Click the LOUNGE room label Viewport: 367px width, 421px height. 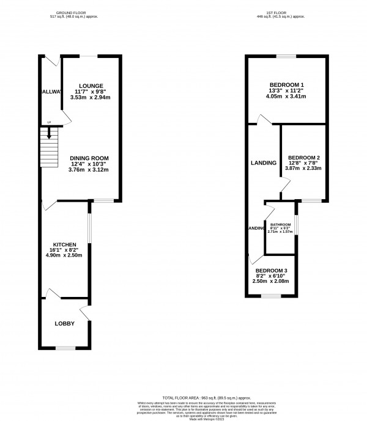91,85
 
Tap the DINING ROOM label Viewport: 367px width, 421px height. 89,155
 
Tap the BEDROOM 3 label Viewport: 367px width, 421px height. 271,271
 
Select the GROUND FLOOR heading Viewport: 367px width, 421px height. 69,12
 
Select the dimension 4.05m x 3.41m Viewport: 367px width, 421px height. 286,97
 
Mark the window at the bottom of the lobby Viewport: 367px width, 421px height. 64,348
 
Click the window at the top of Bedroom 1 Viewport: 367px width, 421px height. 286,56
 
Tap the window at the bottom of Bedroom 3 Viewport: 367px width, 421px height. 271,296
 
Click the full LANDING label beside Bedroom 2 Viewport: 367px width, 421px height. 264,163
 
